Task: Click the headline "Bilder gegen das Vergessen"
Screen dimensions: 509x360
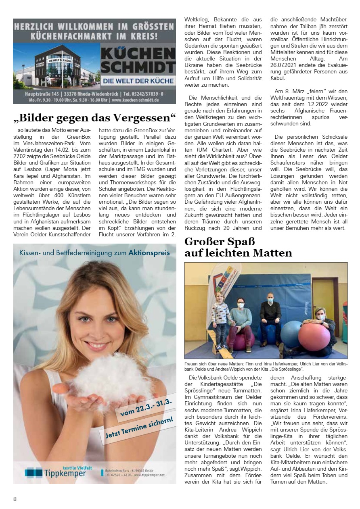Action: pyautogui.click(x=95, y=118)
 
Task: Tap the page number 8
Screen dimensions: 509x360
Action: pyautogui.click(x=15, y=499)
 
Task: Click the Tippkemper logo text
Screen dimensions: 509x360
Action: pyautogui.click(x=65, y=473)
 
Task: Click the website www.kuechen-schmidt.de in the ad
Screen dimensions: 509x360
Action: pyautogui.click(x=140, y=100)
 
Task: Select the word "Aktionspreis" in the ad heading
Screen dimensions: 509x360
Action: pyautogui.click(x=149, y=253)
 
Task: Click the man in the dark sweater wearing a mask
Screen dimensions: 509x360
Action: pyautogui.click(x=270, y=314)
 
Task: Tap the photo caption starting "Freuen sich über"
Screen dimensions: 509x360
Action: pyautogui.click(x=266, y=366)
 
